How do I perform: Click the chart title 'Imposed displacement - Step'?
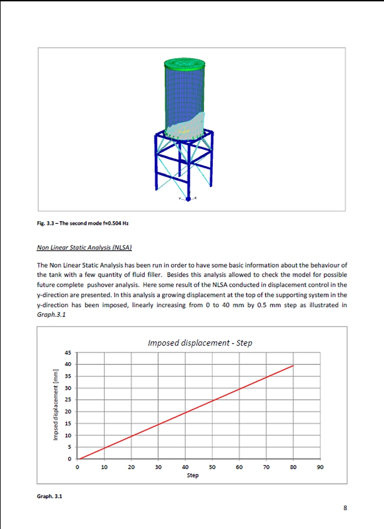pos(200,343)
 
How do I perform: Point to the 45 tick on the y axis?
pos(69,352)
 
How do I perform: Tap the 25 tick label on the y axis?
pos(69,400)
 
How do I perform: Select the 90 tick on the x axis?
pos(320,468)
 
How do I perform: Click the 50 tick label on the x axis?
pos(212,468)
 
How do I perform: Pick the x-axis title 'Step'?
pos(193,475)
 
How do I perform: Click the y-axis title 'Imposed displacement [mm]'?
pos(55,405)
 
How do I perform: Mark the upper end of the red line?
pos(293,365)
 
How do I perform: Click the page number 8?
pos(345,508)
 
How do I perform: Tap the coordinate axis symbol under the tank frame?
pos(188,199)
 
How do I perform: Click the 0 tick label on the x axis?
pos(78,468)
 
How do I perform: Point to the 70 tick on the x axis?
pos(267,468)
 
